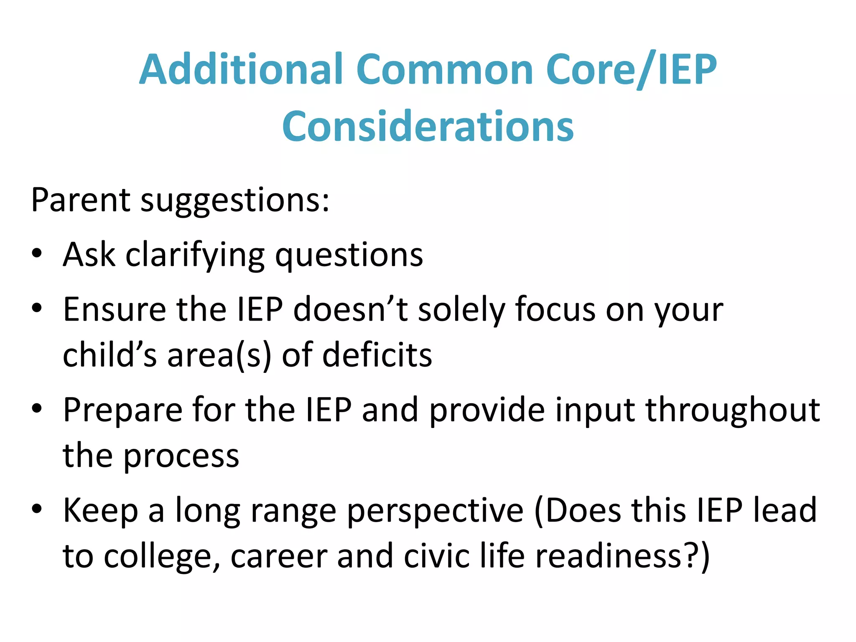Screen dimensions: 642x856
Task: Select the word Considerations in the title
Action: point(428,126)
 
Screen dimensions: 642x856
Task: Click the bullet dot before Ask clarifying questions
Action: point(37,253)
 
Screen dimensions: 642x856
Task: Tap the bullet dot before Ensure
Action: point(37,308)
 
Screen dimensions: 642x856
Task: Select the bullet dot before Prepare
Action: point(37,408)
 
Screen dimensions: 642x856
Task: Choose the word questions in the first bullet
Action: point(349,256)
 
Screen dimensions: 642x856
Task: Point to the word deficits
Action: point(378,355)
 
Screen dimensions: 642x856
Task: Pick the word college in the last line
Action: point(161,557)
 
